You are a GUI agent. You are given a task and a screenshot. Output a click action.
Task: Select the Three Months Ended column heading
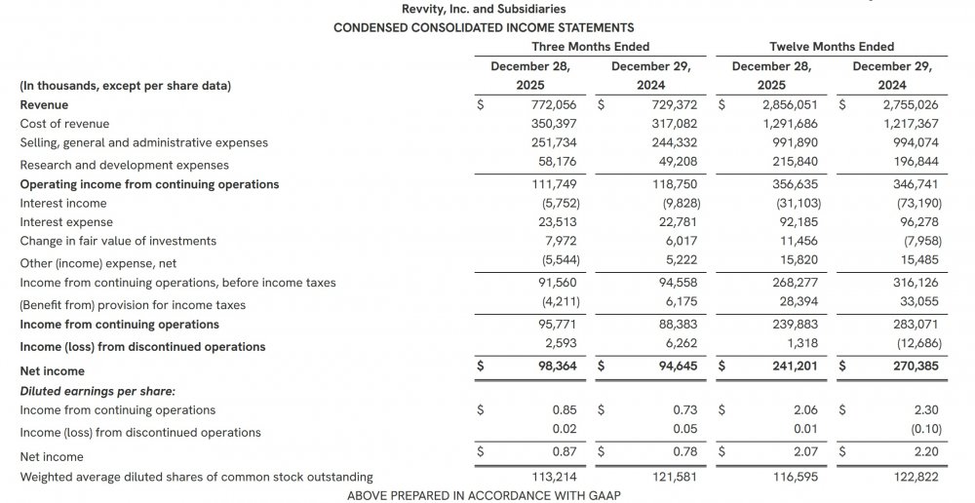coord(590,47)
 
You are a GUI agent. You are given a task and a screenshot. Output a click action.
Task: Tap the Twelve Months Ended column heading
coord(832,47)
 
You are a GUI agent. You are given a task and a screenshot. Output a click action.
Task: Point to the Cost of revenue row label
coord(64,124)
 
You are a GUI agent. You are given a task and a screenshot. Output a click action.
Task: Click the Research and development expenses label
coord(124,165)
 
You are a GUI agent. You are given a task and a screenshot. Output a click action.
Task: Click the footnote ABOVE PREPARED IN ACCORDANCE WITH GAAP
coord(484,495)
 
